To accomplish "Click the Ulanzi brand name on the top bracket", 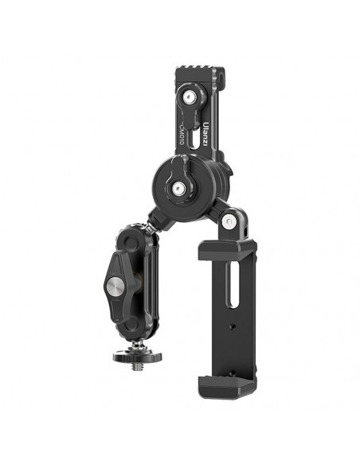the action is [x=205, y=134].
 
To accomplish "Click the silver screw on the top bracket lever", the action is [x=189, y=96].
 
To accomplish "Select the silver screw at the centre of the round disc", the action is [x=178, y=187].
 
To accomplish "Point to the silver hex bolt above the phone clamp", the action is [x=229, y=221].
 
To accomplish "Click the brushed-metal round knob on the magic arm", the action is [x=115, y=286].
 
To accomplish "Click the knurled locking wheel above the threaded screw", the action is [x=138, y=356].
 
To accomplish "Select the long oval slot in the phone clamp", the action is [x=233, y=285].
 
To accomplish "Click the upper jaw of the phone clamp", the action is [x=227, y=248].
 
